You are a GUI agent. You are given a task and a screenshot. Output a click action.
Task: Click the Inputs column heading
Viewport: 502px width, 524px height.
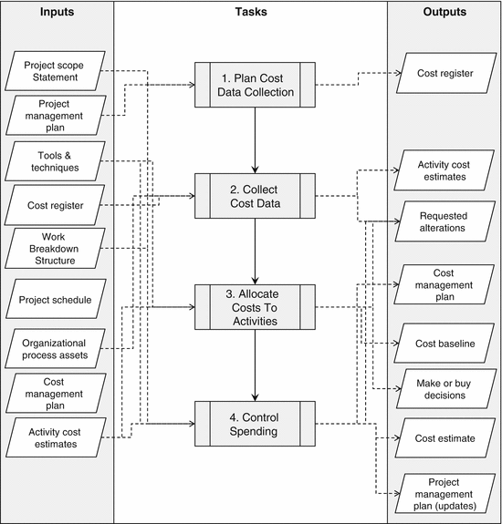click(57, 13)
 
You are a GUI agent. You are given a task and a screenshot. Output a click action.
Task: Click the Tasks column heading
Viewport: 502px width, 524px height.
click(250, 13)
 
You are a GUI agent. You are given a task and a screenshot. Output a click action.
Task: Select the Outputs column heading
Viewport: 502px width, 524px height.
click(444, 13)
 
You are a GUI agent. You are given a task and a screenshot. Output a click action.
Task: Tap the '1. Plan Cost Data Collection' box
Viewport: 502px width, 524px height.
click(256, 84)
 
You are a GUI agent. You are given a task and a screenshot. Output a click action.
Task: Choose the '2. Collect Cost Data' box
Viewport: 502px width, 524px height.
click(256, 195)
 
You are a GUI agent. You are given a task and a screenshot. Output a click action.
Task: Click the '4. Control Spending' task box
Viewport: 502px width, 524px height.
click(256, 423)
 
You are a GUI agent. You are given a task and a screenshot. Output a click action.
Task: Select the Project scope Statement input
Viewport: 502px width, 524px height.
click(56, 70)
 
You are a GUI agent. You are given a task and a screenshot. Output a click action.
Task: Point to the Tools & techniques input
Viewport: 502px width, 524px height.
click(56, 162)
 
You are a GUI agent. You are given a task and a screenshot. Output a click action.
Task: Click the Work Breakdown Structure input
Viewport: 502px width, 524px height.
click(56, 248)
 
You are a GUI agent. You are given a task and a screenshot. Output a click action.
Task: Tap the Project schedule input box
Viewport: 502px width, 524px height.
click(56, 299)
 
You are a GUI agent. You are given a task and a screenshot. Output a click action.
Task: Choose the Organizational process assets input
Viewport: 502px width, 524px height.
click(56, 346)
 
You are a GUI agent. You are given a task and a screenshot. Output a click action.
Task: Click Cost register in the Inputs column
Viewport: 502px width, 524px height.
click(56, 206)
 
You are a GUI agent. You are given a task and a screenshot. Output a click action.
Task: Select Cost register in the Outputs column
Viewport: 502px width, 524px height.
click(444, 73)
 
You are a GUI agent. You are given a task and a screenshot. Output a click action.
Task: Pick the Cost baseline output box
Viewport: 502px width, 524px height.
click(444, 343)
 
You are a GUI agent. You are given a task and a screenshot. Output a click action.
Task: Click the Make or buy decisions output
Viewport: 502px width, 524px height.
click(444, 388)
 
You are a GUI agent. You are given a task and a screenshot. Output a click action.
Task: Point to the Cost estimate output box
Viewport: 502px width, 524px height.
click(444, 438)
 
